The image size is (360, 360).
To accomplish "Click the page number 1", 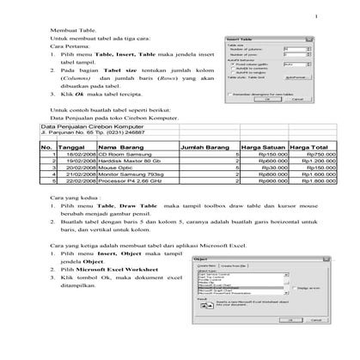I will tap(315, 15).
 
